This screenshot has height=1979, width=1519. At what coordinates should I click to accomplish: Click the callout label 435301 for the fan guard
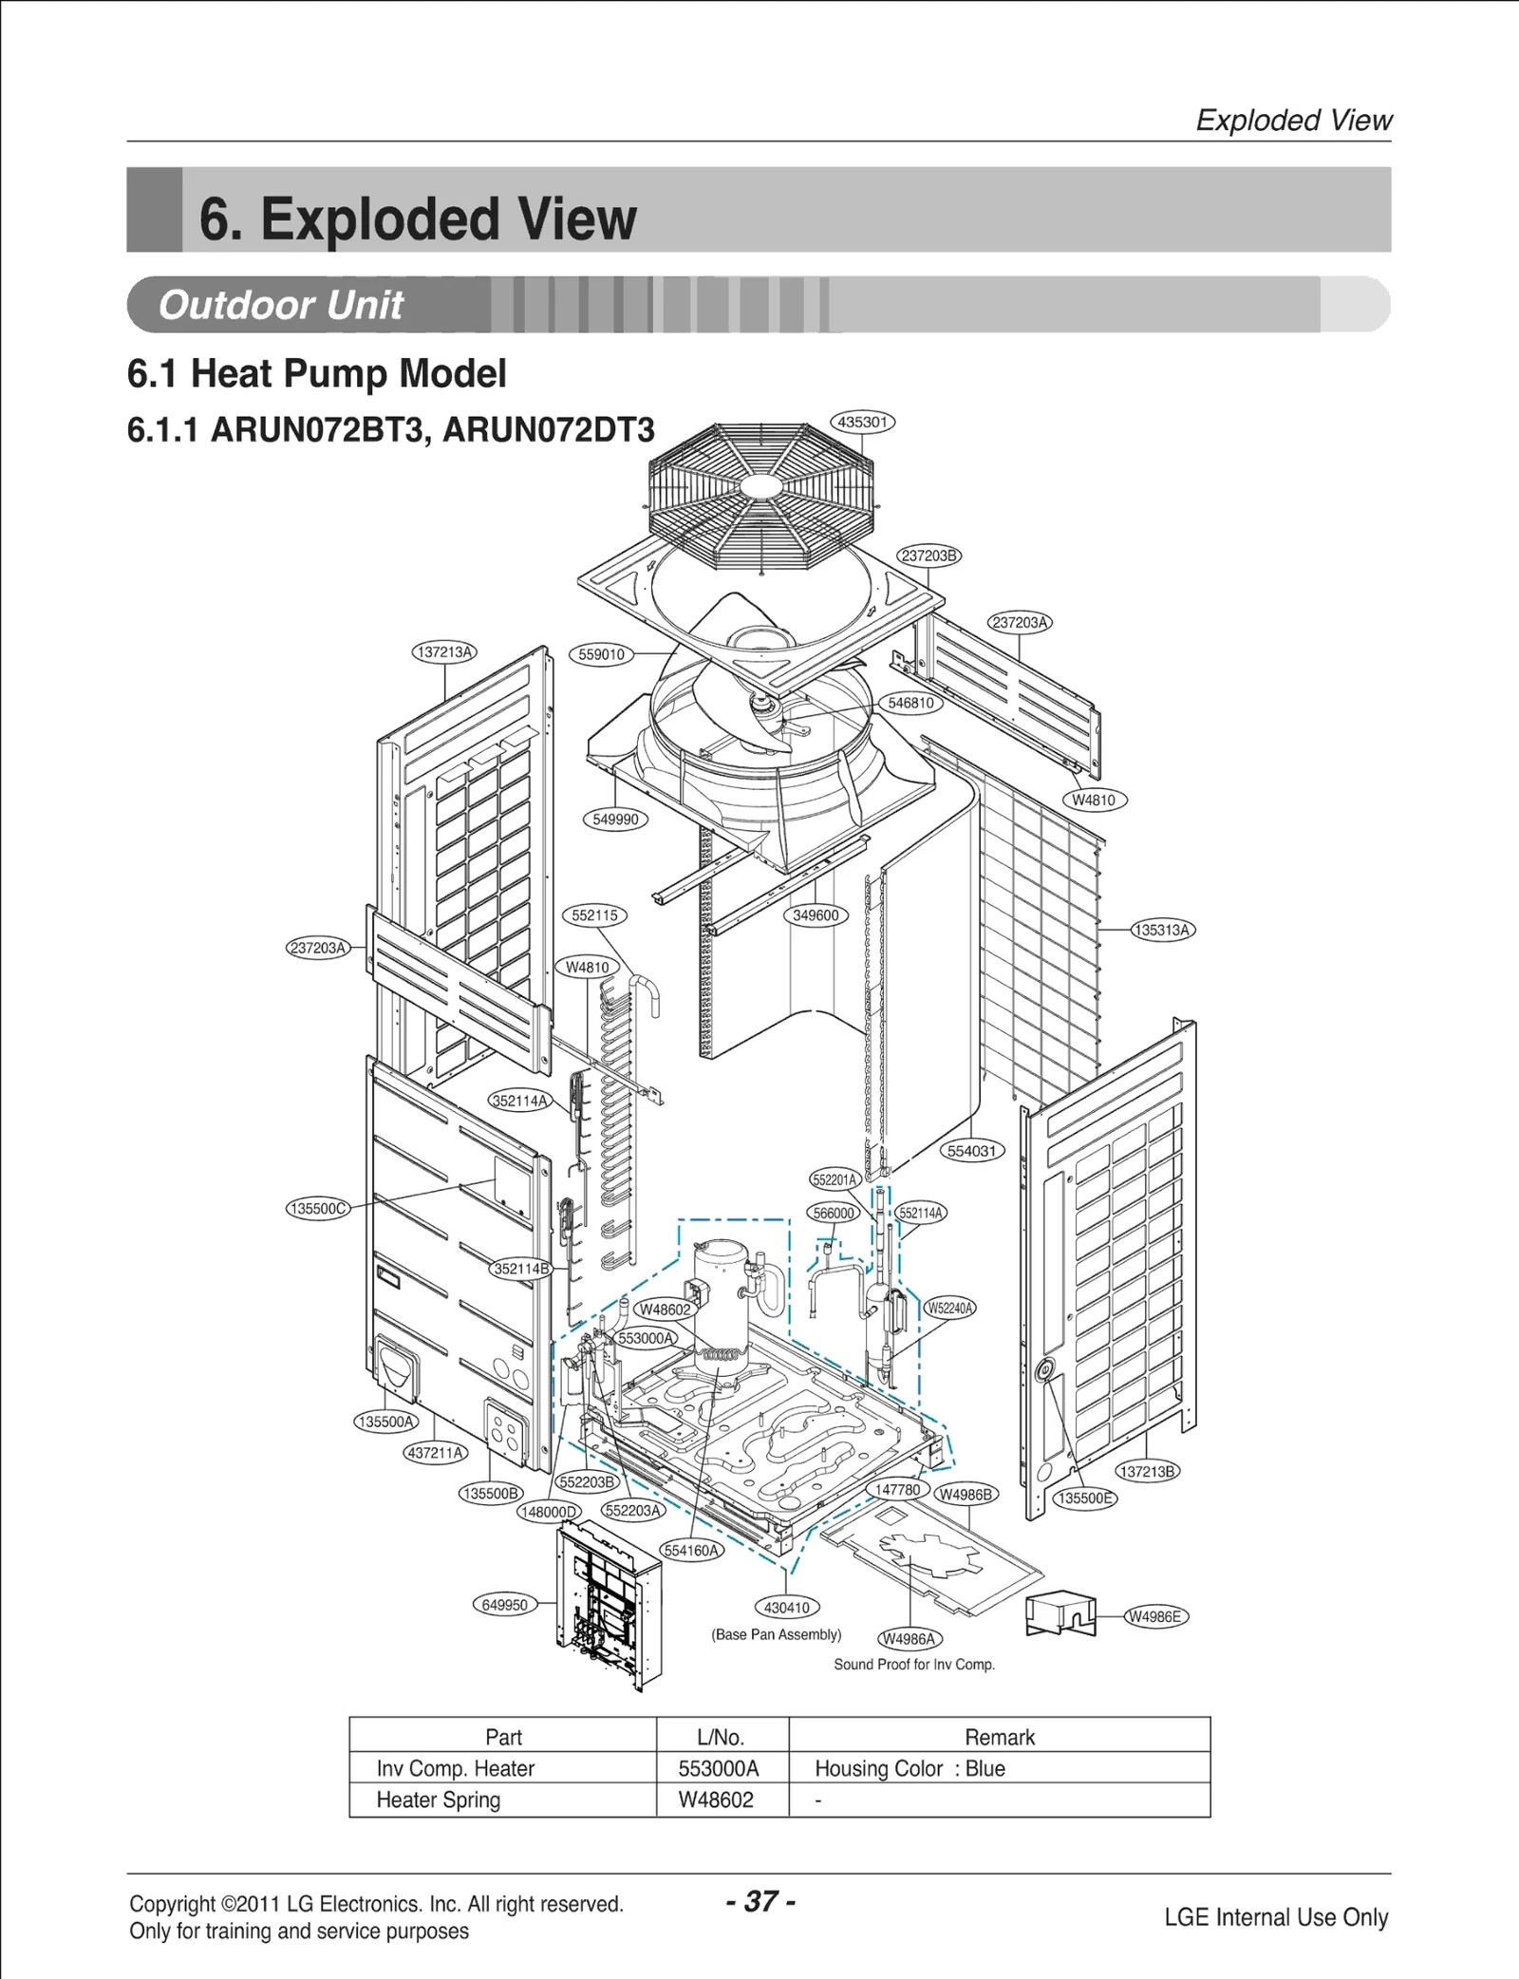pos(862,422)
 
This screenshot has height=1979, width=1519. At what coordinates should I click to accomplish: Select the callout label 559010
pos(601,654)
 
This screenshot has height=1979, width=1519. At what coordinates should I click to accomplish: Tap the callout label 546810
pos(910,703)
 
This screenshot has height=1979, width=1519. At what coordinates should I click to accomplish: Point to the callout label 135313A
pos(1162,930)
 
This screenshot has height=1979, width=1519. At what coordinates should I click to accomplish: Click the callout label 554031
pos(971,1151)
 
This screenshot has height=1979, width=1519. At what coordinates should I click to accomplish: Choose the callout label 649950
pos(504,1605)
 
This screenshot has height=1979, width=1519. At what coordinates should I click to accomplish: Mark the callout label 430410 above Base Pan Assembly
pos(787,1607)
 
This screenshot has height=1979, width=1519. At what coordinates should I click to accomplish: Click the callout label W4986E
pos(1154,1616)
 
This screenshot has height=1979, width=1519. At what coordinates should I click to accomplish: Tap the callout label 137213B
pos(1147,1471)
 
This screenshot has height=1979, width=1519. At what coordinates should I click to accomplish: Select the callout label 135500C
pos(317,1208)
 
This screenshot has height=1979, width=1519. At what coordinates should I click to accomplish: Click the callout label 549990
pos(615,819)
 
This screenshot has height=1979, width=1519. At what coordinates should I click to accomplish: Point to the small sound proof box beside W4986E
pos(1060,1613)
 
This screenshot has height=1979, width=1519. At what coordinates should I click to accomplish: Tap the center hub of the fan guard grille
pos(759,486)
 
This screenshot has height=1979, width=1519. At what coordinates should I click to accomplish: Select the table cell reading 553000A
pos(719,1768)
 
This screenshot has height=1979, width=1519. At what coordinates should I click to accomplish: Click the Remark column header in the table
pos(999,1737)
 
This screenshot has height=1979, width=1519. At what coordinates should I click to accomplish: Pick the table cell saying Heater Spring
pos(438,1800)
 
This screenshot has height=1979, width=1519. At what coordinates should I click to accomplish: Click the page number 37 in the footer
pos(759,1900)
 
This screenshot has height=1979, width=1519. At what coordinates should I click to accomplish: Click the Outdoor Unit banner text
pos(281,305)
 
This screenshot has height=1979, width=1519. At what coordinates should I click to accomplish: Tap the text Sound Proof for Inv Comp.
pos(913,1664)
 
